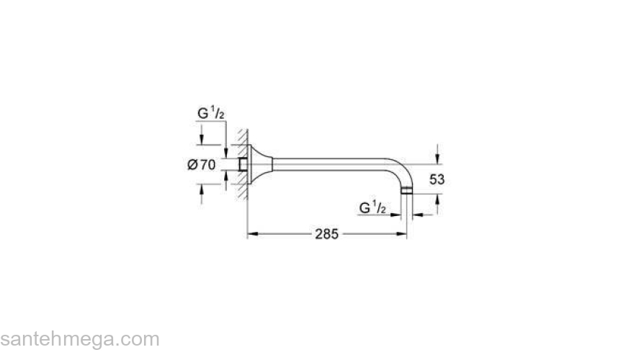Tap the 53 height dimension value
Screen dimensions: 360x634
(437, 179)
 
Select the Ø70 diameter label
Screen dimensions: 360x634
(201, 165)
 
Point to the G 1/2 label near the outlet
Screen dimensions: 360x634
(373, 208)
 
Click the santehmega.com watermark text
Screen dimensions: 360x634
(79, 339)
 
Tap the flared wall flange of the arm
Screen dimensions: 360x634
(260, 165)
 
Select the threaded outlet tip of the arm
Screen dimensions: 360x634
(408, 191)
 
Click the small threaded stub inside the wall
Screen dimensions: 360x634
(245, 165)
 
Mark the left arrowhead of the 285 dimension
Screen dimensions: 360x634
(252, 233)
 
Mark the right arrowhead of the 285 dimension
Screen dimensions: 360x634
(403, 233)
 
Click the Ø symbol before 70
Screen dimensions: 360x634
(192, 165)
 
